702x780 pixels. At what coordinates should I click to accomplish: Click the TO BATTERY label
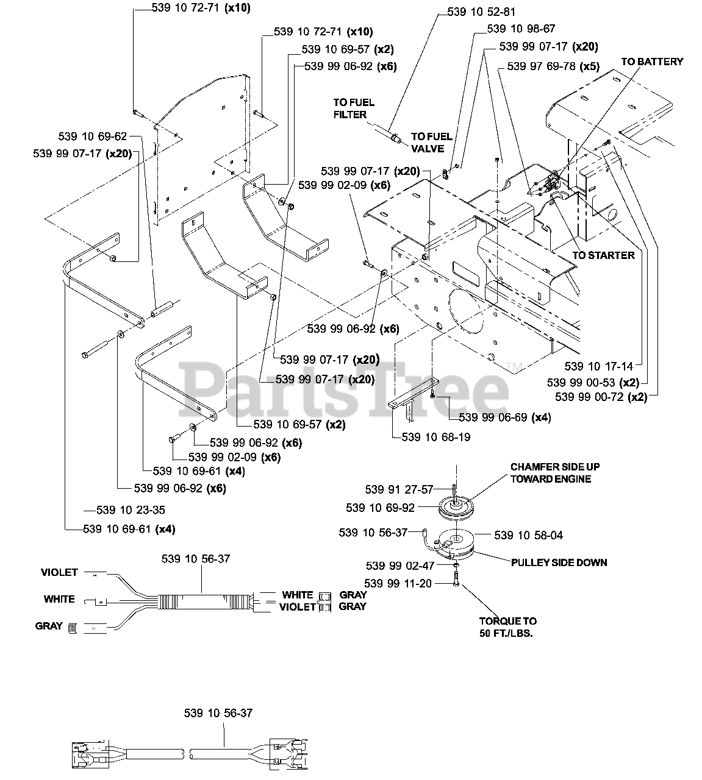point(652,62)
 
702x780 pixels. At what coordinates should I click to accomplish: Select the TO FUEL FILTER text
point(353,108)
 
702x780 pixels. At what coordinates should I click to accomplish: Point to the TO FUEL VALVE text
point(431,143)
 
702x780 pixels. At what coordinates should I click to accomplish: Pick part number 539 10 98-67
point(521,29)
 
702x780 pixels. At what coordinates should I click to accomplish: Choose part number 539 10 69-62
point(93,136)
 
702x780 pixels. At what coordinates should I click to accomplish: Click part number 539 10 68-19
point(436,437)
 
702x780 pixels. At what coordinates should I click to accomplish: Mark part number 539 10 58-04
point(528,536)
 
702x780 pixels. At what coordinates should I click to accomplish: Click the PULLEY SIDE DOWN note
point(559,562)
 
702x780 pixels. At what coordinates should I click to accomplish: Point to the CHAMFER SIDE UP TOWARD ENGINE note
point(555,473)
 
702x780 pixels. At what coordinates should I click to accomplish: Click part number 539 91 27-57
point(399,489)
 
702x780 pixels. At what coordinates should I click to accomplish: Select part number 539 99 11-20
point(398,584)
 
